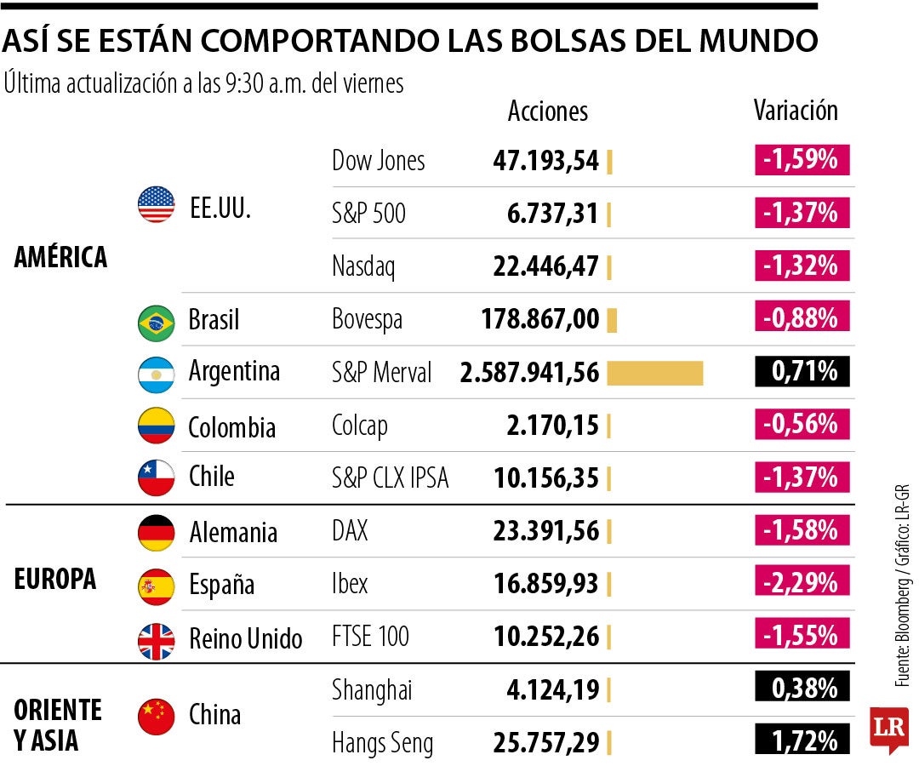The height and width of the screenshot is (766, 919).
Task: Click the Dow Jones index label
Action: pyautogui.click(x=378, y=160)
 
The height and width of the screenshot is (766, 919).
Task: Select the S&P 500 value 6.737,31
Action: pyautogui.click(x=552, y=213)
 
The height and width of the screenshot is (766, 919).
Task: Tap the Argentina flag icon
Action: pyautogui.click(x=156, y=373)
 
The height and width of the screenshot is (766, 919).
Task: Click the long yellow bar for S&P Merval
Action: pyautogui.click(x=655, y=373)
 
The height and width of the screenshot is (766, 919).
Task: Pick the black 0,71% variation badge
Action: pyautogui.click(x=802, y=372)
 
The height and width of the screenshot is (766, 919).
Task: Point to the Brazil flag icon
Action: pyautogui.click(x=156, y=321)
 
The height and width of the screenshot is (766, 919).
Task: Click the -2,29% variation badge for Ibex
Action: pyautogui.click(x=802, y=584)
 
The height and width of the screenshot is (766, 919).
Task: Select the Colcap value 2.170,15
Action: pyautogui.click(x=552, y=425)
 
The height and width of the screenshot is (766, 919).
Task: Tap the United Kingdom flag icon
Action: pyautogui.click(x=156, y=638)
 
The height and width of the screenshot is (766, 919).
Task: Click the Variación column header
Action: pyautogui.click(x=796, y=111)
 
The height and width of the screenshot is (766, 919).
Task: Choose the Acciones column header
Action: pyautogui.click(x=547, y=111)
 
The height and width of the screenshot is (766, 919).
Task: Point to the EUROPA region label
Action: pyautogui.click(x=55, y=580)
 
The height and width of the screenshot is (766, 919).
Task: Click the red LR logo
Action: pyautogui.click(x=888, y=729)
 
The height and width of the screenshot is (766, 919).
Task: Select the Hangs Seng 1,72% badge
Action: pyautogui.click(x=802, y=741)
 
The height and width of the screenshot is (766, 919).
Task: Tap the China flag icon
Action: pyautogui.click(x=156, y=716)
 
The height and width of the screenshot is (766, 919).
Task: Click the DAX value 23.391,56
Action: pyautogui.click(x=545, y=531)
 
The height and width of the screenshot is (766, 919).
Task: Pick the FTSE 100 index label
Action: pyautogui.click(x=370, y=637)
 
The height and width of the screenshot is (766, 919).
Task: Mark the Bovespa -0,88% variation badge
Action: pyautogui.click(x=802, y=319)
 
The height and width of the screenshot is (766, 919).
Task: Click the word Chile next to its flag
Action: pyautogui.click(x=211, y=477)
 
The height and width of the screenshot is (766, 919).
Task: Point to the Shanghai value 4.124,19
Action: pyautogui.click(x=552, y=689)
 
